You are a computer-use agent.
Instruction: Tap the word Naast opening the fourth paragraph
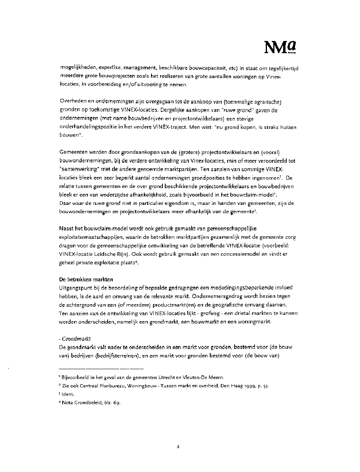coord(67,228)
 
